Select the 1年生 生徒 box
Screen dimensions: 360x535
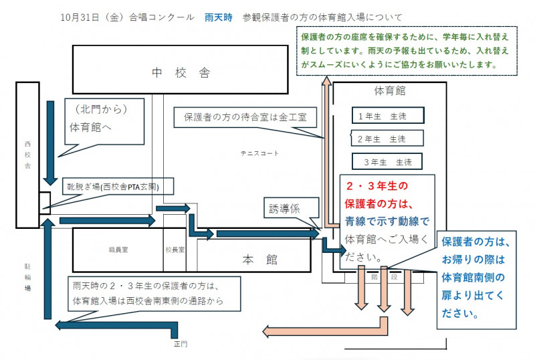[x=387, y=116]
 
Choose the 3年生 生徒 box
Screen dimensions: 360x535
[x=387, y=161]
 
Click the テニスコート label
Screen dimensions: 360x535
[x=259, y=153]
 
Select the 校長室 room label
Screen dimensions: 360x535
[x=175, y=249]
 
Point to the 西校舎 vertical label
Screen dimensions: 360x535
[x=28, y=153]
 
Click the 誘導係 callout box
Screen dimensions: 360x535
[x=284, y=207]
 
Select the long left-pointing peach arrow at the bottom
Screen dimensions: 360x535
[x=321, y=329]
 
